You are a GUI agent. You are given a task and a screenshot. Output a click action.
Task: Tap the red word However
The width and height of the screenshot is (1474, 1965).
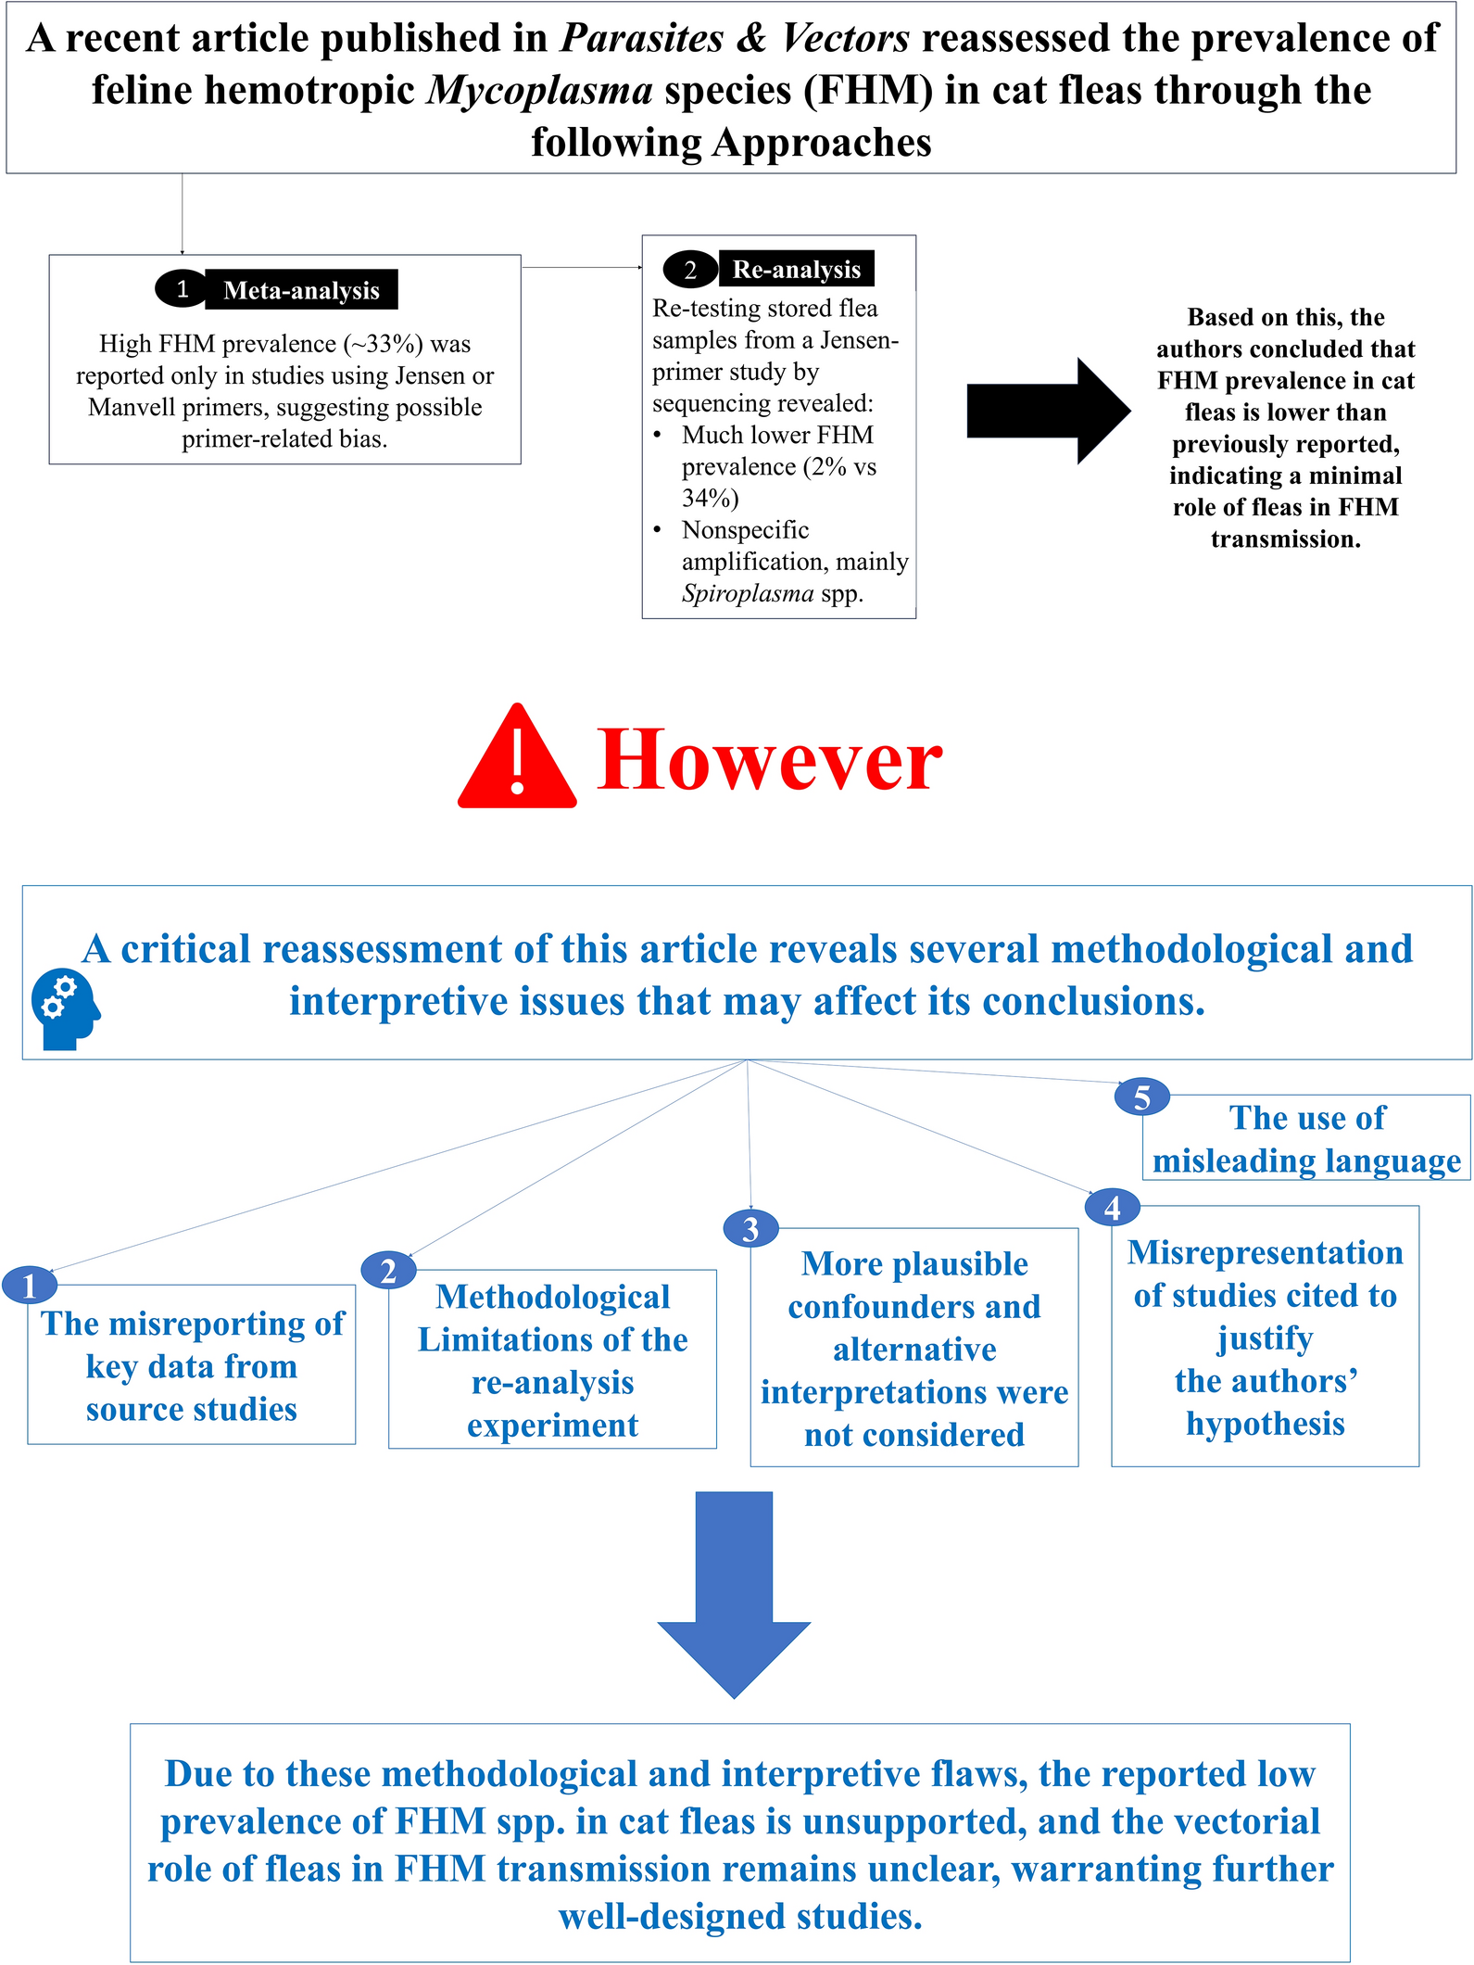pyautogui.click(x=769, y=760)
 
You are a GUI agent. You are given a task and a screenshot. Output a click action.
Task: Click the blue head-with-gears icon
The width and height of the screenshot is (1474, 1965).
pyautogui.click(x=65, y=1009)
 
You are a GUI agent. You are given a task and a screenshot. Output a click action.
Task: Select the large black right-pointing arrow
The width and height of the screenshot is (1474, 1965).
pyautogui.click(x=1047, y=411)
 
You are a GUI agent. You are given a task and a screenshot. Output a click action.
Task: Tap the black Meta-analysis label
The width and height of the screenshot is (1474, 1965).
pyautogui.click(x=301, y=290)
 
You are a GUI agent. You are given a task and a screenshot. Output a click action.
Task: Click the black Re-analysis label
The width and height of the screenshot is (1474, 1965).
pyautogui.click(x=796, y=269)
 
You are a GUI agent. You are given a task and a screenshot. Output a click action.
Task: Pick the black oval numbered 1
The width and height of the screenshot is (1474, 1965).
pyautogui.click(x=182, y=289)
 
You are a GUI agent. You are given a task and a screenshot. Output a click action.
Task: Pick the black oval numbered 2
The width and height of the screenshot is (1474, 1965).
pyautogui.click(x=690, y=270)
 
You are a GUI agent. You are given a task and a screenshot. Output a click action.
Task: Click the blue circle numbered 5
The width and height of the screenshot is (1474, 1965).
pyautogui.click(x=1141, y=1097)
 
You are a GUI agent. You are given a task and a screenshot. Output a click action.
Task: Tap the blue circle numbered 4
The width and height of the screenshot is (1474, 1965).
pyautogui.click(x=1112, y=1208)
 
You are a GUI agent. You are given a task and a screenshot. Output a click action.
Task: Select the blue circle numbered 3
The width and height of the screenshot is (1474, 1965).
pyautogui.click(x=750, y=1229)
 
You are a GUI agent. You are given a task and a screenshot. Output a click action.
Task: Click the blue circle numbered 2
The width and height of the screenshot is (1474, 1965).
pyautogui.click(x=388, y=1270)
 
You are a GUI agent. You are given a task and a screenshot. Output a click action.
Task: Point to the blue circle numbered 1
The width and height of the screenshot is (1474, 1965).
pyautogui.click(x=30, y=1286)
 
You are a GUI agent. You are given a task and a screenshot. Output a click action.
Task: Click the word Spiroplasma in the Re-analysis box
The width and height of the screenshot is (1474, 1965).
pyautogui.click(x=748, y=593)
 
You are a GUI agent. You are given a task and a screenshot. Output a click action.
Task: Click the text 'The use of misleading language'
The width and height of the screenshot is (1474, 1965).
pyautogui.click(x=1306, y=1139)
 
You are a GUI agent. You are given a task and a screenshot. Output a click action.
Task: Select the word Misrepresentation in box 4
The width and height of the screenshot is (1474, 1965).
pyautogui.click(x=1265, y=1252)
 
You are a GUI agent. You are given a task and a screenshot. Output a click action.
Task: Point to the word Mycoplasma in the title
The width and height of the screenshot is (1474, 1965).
pyautogui.click(x=540, y=91)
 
